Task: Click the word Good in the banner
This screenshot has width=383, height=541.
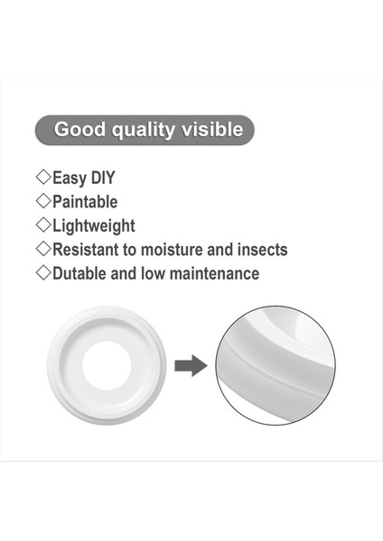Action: coord(79,129)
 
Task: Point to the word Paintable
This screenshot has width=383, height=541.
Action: coord(85,202)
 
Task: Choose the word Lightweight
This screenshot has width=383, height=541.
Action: coord(93,225)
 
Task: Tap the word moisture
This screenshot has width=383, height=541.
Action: coord(184,249)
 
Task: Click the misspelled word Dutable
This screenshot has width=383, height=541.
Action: coord(83,273)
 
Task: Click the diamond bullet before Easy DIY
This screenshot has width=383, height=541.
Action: coord(42,178)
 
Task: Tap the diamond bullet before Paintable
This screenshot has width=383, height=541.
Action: coord(42,201)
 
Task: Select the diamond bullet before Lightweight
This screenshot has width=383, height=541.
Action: coord(42,225)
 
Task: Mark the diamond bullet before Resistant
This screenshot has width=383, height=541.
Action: coord(42,248)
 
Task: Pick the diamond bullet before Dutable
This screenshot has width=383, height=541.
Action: coord(42,272)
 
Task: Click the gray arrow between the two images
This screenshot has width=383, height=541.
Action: coord(191,366)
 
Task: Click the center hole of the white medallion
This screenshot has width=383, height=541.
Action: coord(107,366)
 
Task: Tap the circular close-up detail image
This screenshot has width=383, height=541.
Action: coord(276,365)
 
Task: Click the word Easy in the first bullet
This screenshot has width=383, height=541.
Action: coord(70,179)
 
